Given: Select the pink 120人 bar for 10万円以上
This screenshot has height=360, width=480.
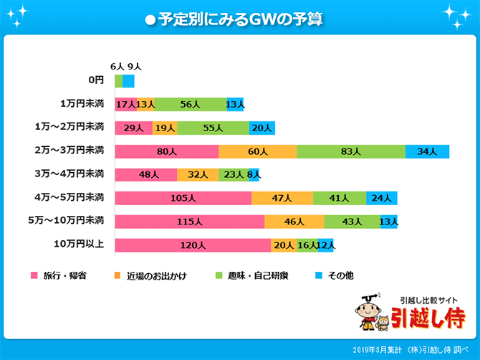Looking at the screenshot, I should click(x=193, y=245).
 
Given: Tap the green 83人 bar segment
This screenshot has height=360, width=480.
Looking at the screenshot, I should click(x=350, y=151).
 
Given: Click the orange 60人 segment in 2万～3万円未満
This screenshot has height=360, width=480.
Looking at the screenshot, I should click(x=257, y=151).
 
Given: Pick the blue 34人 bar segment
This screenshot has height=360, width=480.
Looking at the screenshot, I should click(x=427, y=151).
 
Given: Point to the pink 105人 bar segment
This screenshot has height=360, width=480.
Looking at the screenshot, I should click(x=183, y=198).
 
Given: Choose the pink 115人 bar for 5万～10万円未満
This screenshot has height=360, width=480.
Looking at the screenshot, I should click(x=190, y=222).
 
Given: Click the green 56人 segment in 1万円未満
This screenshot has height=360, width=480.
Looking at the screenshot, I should click(x=191, y=105).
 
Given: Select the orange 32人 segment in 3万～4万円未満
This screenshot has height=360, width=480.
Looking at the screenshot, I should click(x=198, y=175).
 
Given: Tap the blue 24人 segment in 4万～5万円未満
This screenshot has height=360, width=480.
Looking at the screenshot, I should click(x=381, y=198).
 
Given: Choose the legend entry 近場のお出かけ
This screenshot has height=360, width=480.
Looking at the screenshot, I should click(x=150, y=275).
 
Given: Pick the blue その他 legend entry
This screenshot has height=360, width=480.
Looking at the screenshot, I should click(x=337, y=275).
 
